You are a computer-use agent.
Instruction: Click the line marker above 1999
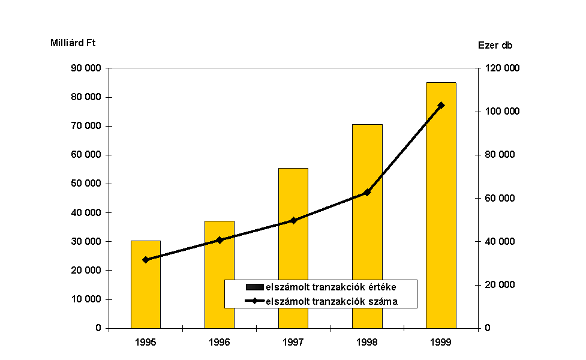pyautogui.click(x=441, y=106)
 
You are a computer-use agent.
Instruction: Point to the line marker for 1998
pyautogui.click(x=367, y=193)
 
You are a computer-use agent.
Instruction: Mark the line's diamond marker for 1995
pyautogui.click(x=146, y=260)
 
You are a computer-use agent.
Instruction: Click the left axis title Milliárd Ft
pyautogui.click(x=73, y=43)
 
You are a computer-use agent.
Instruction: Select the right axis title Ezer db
pyautogui.click(x=495, y=45)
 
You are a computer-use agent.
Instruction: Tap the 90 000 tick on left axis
pyautogui.click(x=86, y=68)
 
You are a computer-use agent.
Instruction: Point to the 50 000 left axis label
pyautogui.click(x=86, y=184)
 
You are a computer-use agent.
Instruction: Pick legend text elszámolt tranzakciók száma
pyautogui.click(x=331, y=301)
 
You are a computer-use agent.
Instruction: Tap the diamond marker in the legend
pyautogui.click(x=255, y=301)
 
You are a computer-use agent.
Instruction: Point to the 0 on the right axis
pyautogui.click(x=487, y=328)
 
